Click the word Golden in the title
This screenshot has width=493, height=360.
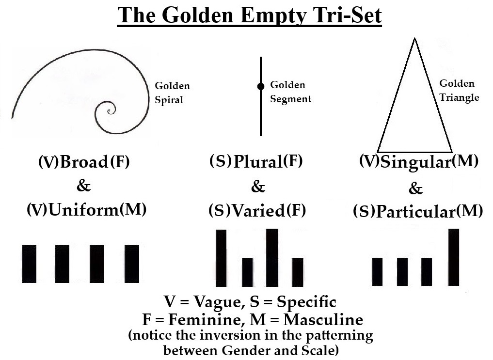tap(199, 15)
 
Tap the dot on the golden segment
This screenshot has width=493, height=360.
tap(261, 86)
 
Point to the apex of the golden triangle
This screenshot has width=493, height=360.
tap(414, 38)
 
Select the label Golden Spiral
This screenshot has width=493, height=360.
tap(172, 93)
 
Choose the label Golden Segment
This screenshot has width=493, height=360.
tap(290, 92)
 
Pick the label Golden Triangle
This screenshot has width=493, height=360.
tap(459, 91)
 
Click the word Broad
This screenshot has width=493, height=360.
tap(84, 162)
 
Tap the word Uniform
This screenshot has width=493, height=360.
tap(84, 209)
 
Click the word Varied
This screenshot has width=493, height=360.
tap(258, 210)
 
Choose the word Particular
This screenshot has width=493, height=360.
tap(415, 211)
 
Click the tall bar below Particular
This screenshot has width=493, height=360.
tap(454, 257)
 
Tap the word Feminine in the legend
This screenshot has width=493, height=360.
tap(205, 319)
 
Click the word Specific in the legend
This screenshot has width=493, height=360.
tap(306, 302)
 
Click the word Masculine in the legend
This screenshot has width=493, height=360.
tap(323, 319)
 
